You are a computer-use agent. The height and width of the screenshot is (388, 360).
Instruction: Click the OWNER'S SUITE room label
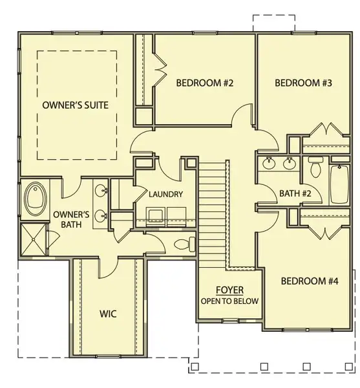coord(75,104)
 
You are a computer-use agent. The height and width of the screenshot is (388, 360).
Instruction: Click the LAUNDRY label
coord(165,194)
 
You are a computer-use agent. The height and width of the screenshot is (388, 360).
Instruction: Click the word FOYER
coord(229,291)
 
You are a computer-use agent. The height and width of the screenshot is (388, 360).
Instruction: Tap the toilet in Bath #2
coord(315,167)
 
